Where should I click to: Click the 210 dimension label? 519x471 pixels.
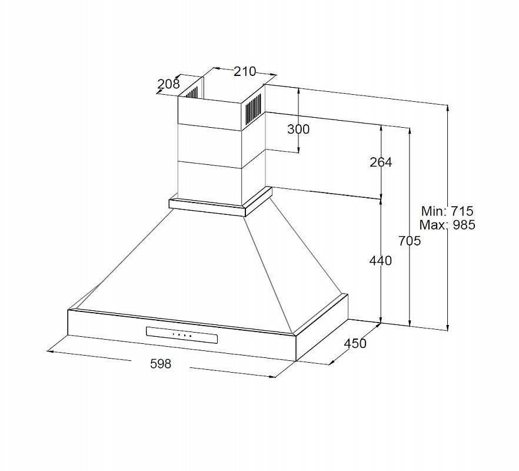point(245,71)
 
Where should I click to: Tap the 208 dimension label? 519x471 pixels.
point(168,84)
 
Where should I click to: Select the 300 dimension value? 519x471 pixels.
point(298,129)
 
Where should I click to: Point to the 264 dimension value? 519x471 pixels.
point(381,162)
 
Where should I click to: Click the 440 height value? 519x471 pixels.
point(381,261)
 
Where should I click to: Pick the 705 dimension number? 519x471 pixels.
point(410,241)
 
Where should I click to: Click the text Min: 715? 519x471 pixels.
point(447,211)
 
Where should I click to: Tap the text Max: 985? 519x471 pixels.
point(447,225)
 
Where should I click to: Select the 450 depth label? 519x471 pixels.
point(355,343)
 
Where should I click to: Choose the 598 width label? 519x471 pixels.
point(161,364)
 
